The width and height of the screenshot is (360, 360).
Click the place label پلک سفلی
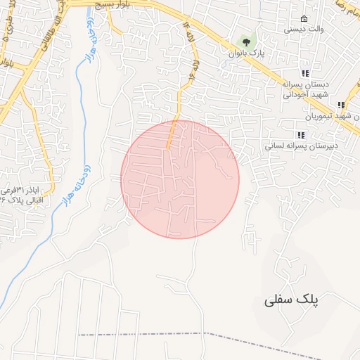[291, 299]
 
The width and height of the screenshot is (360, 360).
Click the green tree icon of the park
[245, 41]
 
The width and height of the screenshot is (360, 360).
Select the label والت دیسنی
[304, 30]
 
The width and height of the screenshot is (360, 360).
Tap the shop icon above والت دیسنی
[304, 18]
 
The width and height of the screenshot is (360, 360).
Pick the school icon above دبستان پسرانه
[304, 73]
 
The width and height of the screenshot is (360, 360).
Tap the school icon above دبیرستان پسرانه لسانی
[300, 134]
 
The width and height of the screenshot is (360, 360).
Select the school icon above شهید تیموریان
[341, 105]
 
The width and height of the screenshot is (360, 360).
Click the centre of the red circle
[180, 179]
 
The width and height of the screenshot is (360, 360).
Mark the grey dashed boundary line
[211, 334]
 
